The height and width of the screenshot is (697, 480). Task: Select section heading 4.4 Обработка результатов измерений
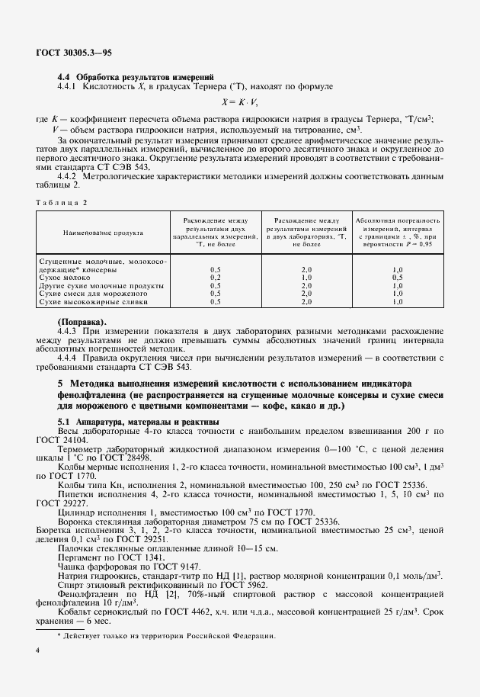pyautogui.click(x=136, y=77)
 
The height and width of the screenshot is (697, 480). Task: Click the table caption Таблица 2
pyautogui.click(x=62, y=201)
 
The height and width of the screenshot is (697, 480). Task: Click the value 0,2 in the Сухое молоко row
pyautogui.click(x=215, y=278)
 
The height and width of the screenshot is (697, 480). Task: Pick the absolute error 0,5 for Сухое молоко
pyautogui.click(x=397, y=278)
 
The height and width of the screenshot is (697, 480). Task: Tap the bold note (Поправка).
pyautogui.click(x=82, y=321)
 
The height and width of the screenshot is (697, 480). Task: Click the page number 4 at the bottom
pyautogui.click(x=38, y=650)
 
